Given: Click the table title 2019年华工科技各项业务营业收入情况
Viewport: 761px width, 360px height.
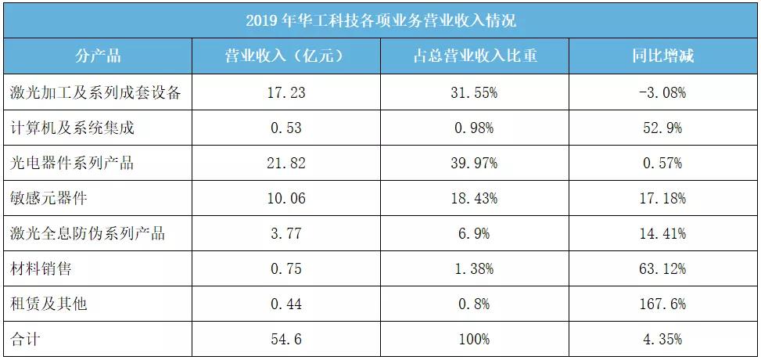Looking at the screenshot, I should point(380,20).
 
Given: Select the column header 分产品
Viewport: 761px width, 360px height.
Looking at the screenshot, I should point(98,56).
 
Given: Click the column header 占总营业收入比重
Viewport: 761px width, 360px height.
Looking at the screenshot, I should point(475,56).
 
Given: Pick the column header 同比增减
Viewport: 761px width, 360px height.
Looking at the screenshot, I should point(663,56).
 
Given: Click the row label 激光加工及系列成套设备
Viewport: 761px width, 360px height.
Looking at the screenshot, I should point(96,92).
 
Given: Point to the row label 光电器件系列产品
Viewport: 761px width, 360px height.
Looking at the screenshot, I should point(72,163).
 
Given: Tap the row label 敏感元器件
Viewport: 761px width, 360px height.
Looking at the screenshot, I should point(48,198).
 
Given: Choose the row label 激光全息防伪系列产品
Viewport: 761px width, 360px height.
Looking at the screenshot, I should point(88,233).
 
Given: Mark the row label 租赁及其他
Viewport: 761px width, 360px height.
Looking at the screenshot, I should point(48,304).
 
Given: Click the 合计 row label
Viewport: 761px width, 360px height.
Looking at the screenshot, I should point(25,339).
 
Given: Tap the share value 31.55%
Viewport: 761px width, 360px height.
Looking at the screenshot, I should point(475,92).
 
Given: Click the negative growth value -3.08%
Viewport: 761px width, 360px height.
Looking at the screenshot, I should point(663,92).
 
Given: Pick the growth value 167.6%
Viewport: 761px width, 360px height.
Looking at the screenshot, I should point(663,304).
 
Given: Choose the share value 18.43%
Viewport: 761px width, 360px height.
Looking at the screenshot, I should point(475,198).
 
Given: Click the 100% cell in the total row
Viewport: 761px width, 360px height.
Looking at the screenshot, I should point(475,339).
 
